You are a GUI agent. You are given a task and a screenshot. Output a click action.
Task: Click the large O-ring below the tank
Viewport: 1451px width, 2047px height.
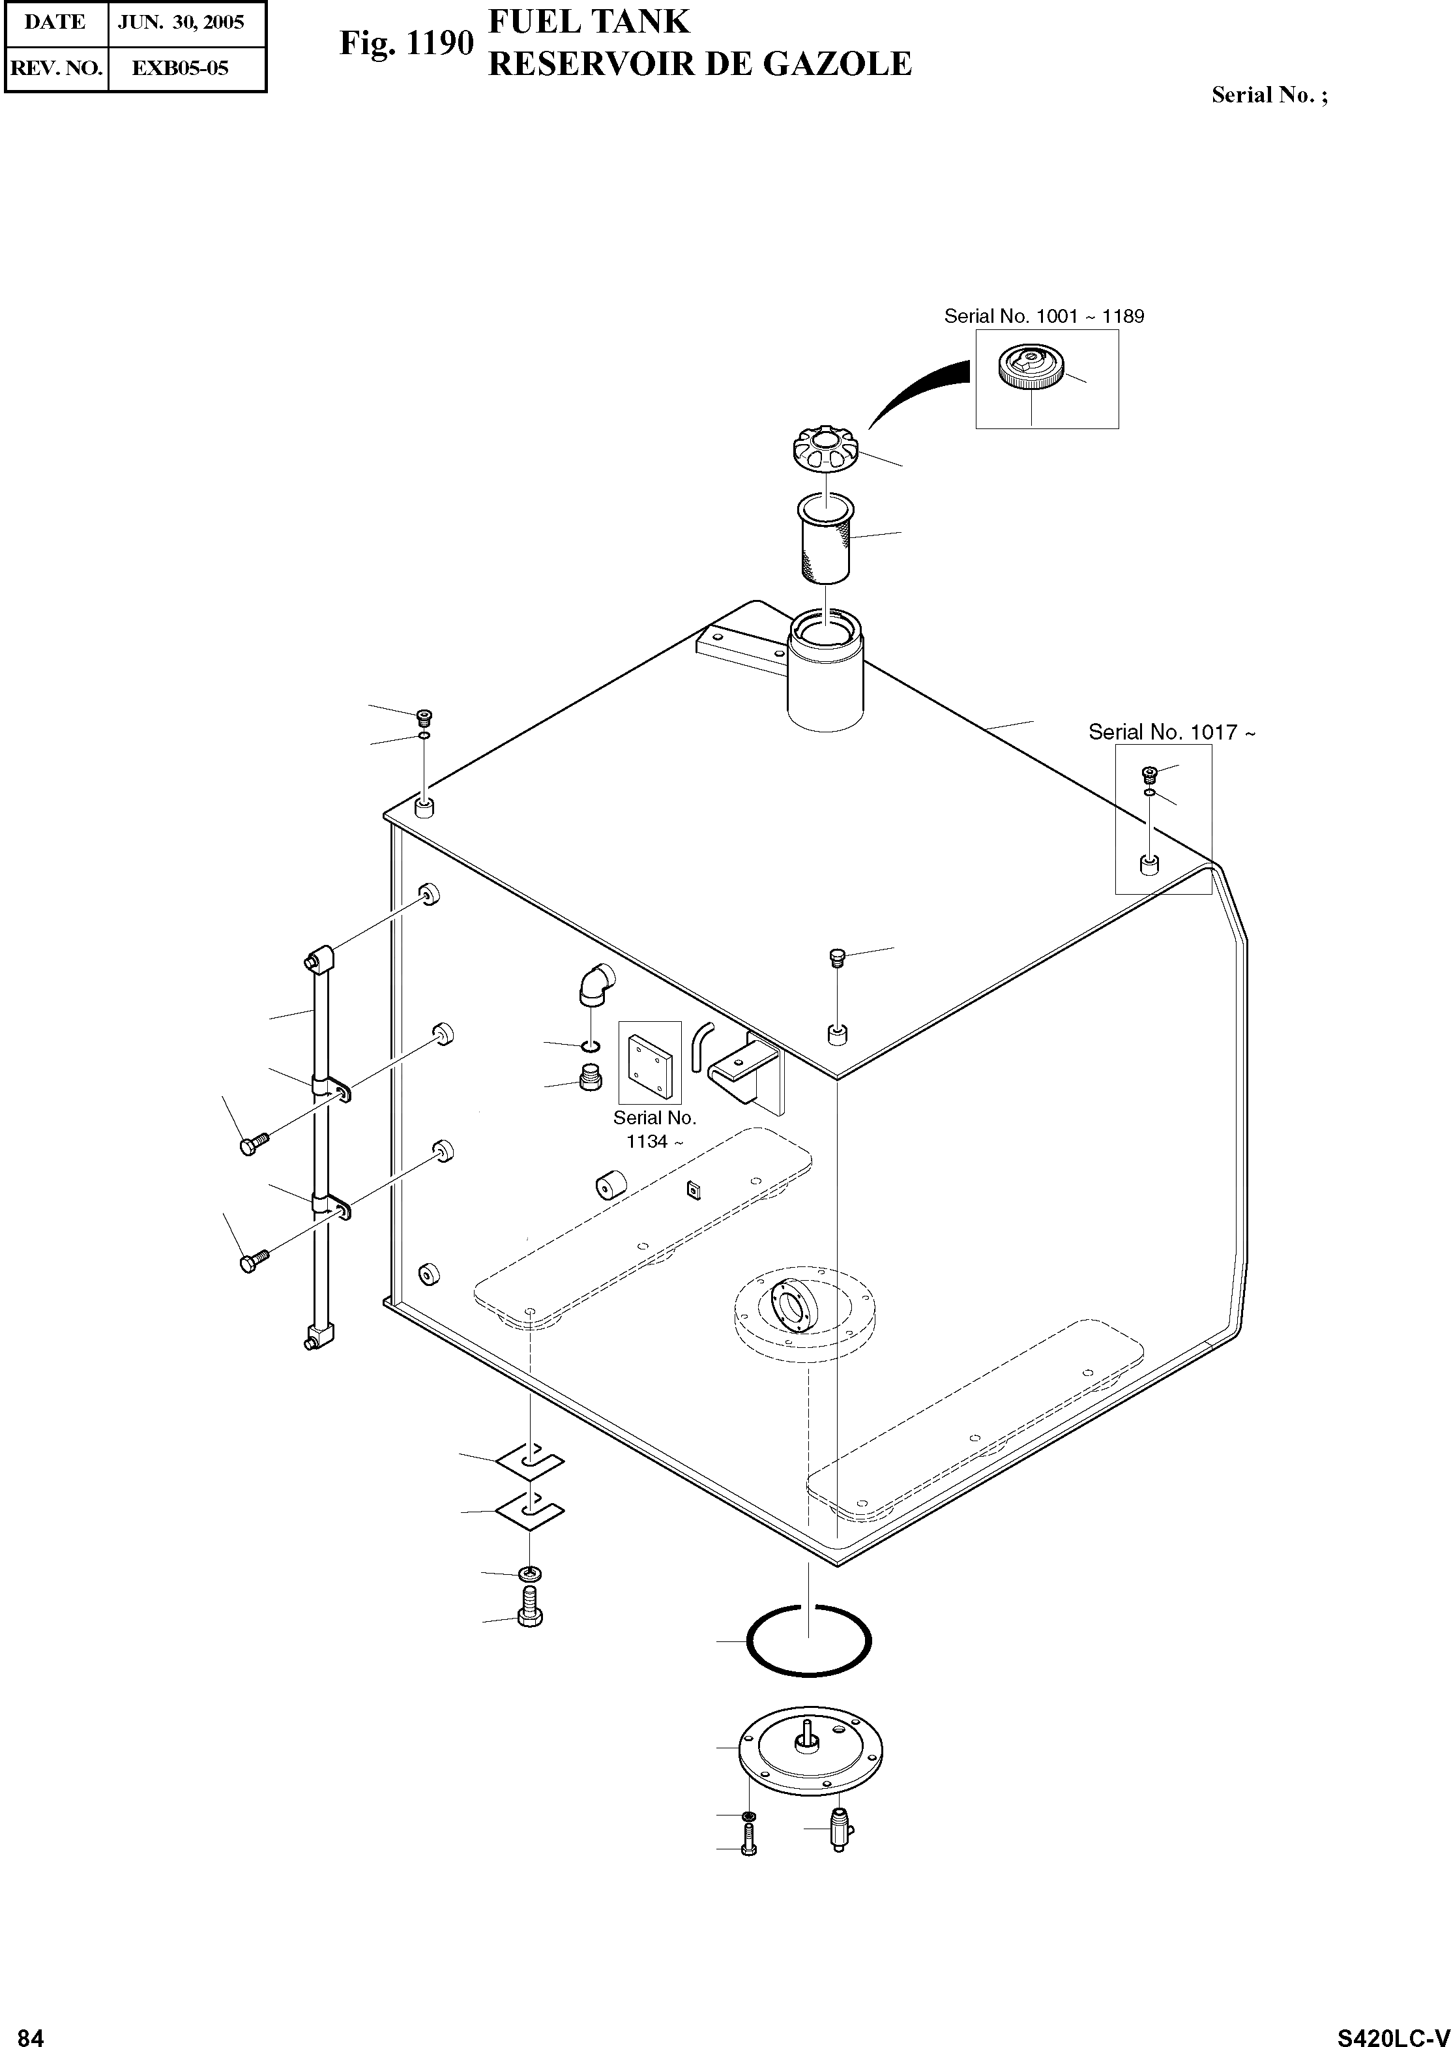808,1641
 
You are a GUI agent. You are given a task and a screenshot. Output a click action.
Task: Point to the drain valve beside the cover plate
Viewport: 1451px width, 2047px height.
839,1830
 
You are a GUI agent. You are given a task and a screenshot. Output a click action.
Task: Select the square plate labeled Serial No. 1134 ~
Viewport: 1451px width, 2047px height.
649,1061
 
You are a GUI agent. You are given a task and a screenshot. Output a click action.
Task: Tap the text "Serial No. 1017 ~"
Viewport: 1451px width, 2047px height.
1171,732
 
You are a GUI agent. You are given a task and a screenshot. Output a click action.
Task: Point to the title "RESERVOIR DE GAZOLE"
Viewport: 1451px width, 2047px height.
699,65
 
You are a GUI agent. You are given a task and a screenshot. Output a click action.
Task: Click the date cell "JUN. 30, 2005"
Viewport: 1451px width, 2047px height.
181,22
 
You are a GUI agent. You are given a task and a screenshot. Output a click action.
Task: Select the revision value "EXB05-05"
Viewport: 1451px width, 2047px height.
181,68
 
